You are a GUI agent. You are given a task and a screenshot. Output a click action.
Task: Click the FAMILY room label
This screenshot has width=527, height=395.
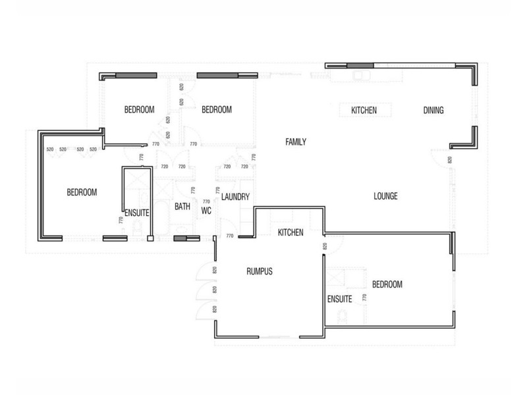click(x=296, y=142)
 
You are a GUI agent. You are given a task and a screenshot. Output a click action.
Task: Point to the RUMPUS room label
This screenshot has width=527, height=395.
click(x=259, y=271)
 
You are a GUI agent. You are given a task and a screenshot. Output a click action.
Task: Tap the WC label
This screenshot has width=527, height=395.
click(x=206, y=211)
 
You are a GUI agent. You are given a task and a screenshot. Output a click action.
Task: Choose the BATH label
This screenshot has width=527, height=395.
click(x=182, y=207)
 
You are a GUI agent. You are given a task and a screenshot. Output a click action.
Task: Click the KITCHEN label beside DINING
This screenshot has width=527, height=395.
click(x=364, y=111)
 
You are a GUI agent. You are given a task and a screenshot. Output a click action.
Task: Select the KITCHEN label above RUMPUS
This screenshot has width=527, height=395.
click(x=290, y=232)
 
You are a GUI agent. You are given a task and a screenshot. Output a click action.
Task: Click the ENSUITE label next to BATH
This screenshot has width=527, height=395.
click(x=137, y=213)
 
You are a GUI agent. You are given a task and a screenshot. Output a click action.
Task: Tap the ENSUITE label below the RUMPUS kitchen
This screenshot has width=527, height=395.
click(x=339, y=299)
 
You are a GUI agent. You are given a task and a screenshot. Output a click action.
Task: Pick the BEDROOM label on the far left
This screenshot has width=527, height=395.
click(x=82, y=193)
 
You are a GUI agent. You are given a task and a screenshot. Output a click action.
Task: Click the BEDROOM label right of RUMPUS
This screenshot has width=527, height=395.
click(x=387, y=284)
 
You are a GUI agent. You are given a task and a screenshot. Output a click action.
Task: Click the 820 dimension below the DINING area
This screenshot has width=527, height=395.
click(x=450, y=160)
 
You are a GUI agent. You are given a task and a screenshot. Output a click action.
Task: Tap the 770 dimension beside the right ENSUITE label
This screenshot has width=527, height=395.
click(x=363, y=298)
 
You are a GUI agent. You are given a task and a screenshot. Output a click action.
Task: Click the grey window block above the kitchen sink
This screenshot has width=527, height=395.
click(x=360, y=65)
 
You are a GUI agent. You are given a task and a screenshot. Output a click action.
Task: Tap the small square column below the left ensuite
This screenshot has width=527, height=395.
click(x=150, y=238)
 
